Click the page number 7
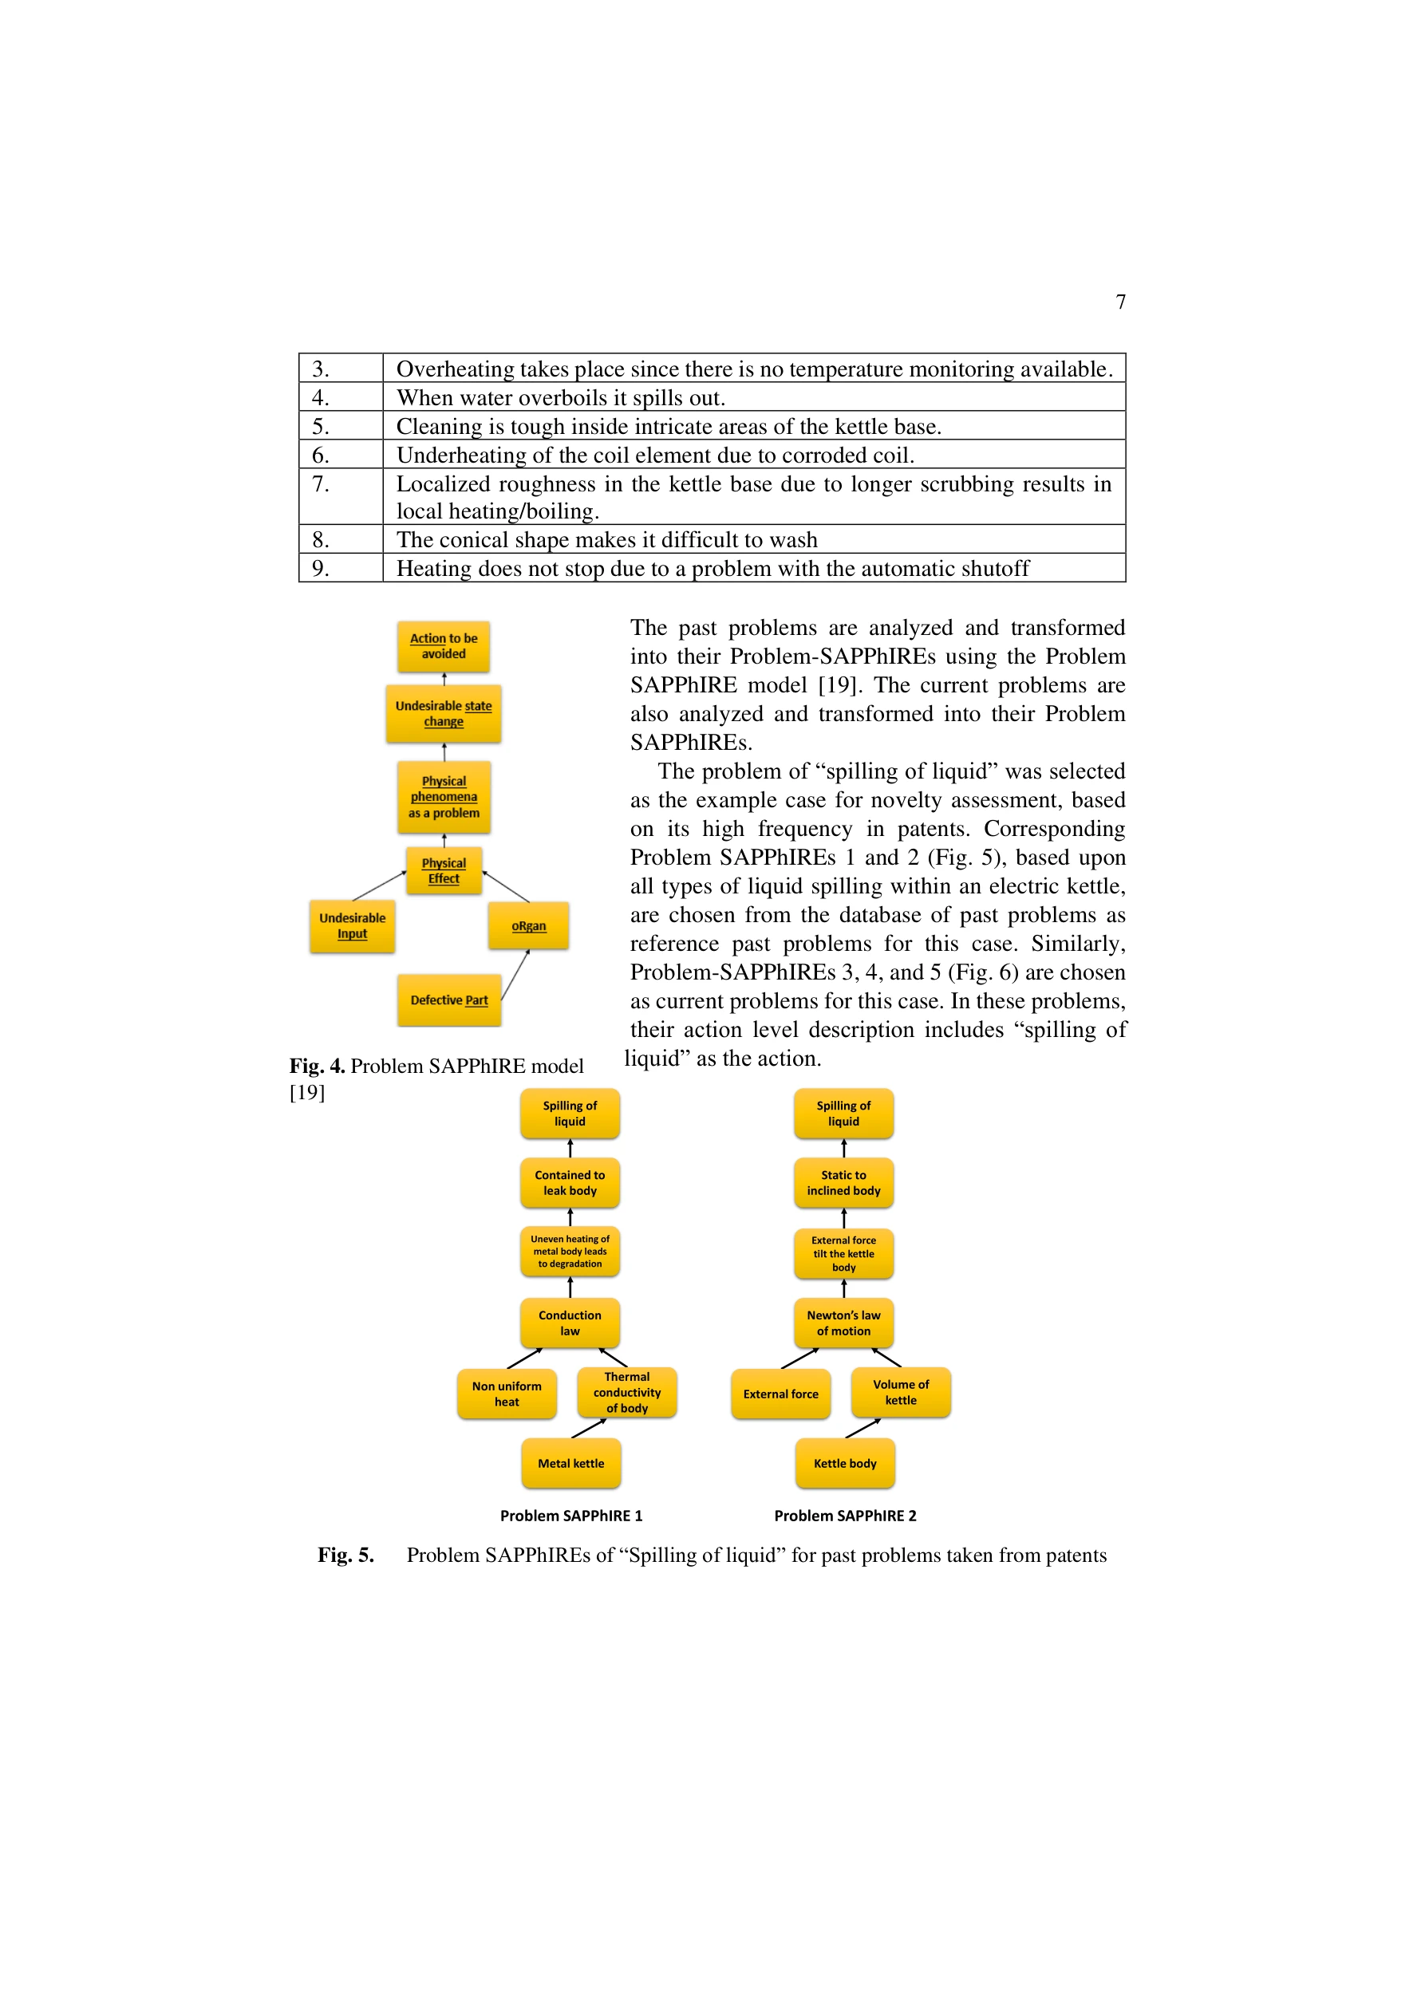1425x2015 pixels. [1120, 302]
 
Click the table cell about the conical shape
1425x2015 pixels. [753, 539]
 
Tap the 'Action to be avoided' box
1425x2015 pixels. [444, 646]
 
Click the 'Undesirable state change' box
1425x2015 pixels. [444, 713]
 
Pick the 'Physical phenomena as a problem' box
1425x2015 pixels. [444, 797]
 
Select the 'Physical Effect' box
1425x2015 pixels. [444, 870]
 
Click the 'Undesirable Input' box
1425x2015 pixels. [352, 926]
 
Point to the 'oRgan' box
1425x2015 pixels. [528, 926]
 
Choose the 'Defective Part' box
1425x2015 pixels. [448, 1000]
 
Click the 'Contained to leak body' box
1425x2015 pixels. [570, 1183]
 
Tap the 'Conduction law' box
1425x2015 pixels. [570, 1323]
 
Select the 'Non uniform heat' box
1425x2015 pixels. [507, 1394]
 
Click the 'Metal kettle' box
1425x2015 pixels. [570, 1463]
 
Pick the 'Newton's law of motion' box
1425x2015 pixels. [844, 1323]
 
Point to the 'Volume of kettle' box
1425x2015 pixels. [901, 1392]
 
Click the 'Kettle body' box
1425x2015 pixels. [845, 1463]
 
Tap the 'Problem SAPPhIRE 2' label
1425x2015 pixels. [845, 1516]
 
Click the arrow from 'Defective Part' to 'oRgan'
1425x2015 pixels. [515, 975]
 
